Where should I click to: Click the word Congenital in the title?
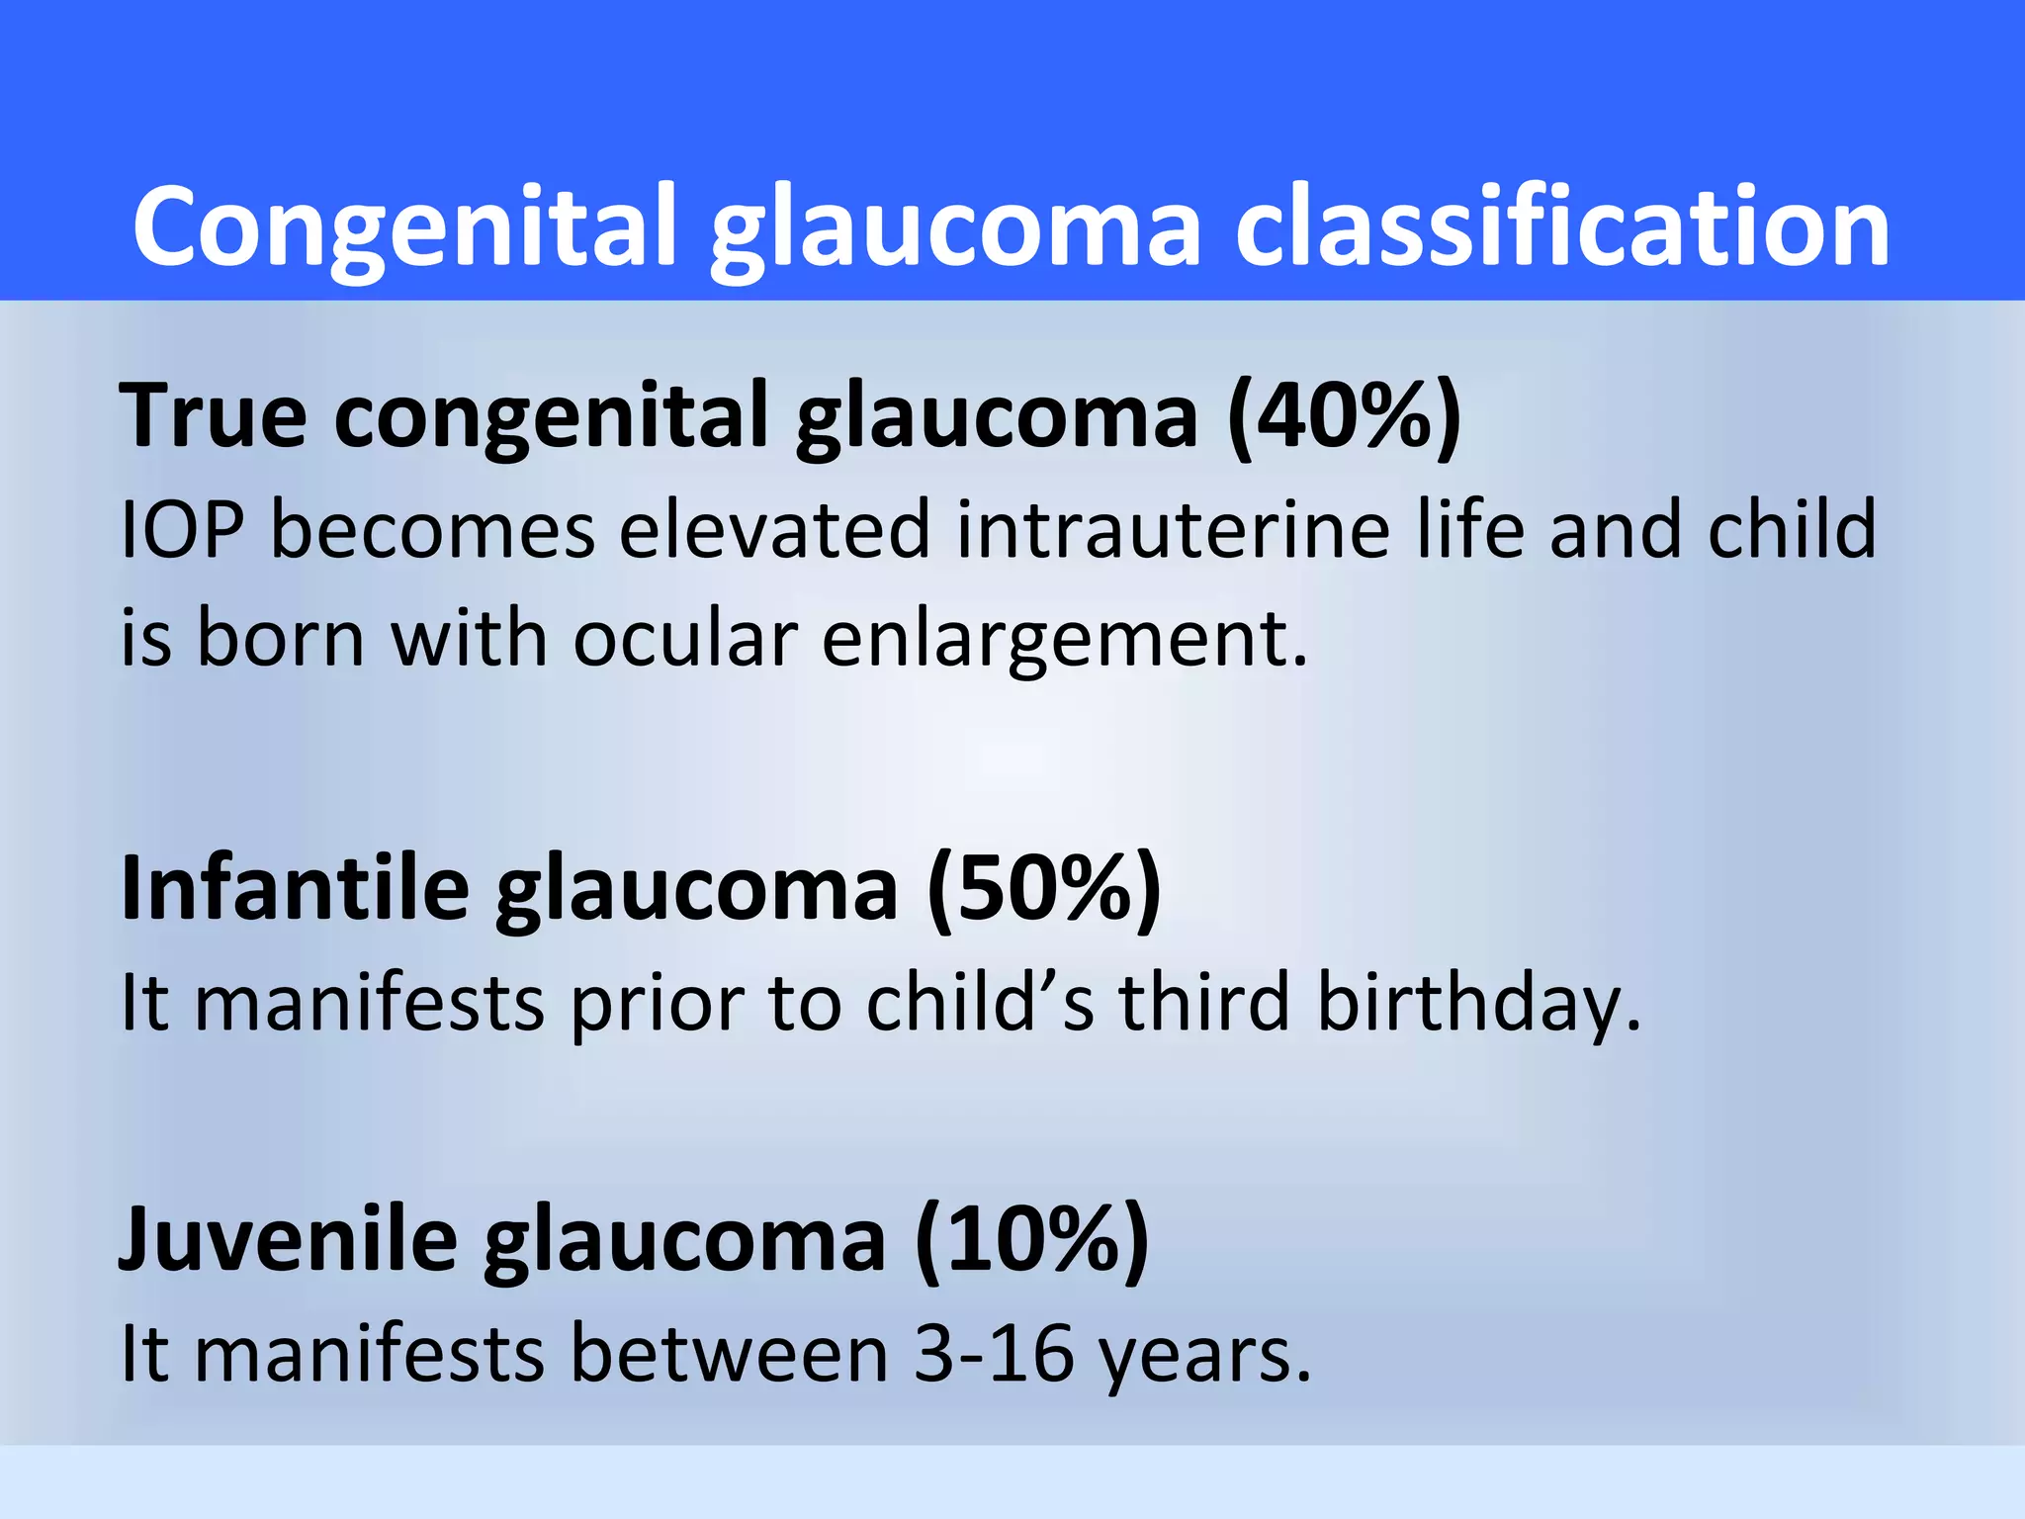(405, 227)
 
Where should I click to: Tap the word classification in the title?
(1562, 227)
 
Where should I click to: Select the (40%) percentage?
(1344, 415)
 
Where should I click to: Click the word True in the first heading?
(213, 415)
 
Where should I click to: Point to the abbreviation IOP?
(182, 531)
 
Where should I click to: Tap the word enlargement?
(1064, 639)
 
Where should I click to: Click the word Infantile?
(294, 888)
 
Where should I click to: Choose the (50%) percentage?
(1044, 888)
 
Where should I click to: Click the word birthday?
(1478, 1003)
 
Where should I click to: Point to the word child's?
(980, 1003)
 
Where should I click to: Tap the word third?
(1203, 1003)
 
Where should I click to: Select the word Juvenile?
(288, 1239)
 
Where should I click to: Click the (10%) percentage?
(1032, 1239)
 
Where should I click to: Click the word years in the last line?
(1205, 1355)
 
